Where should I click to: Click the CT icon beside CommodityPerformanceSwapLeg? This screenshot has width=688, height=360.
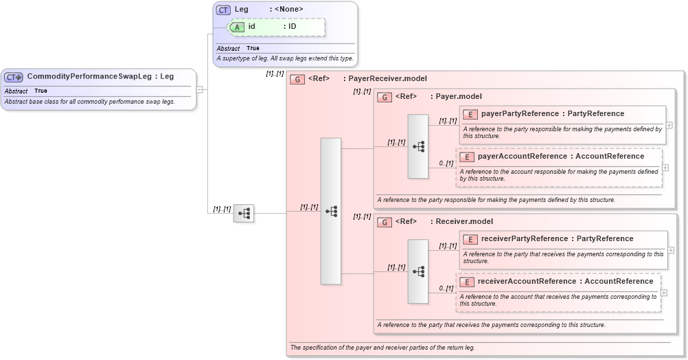tap(14, 77)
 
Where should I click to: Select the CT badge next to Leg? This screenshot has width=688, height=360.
tap(223, 10)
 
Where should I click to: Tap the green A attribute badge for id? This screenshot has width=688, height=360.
tap(238, 27)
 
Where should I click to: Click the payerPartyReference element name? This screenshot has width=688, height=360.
tap(520, 113)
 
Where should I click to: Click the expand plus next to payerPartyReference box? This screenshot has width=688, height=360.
tap(669, 125)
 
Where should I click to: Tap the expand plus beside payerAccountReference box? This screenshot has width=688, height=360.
tap(665, 168)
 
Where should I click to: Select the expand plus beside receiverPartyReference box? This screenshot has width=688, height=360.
tap(669, 250)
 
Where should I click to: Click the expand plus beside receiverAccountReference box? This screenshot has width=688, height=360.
tap(665, 293)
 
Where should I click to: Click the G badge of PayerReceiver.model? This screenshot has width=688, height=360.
tap(297, 79)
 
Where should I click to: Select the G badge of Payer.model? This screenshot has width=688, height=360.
tap(385, 97)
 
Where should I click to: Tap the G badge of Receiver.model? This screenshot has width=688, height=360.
tap(385, 222)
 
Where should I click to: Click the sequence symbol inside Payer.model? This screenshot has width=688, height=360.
tap(418, 146)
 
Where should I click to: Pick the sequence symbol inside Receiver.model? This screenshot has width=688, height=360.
tap(418, 271)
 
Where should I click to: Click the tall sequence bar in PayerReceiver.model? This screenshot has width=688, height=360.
tap(330, 211)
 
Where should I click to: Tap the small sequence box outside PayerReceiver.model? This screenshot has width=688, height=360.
tap(244, 213)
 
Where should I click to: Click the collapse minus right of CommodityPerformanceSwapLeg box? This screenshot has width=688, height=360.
tap(199, 89)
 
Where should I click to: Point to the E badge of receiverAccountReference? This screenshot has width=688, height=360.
tap(466, 282)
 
